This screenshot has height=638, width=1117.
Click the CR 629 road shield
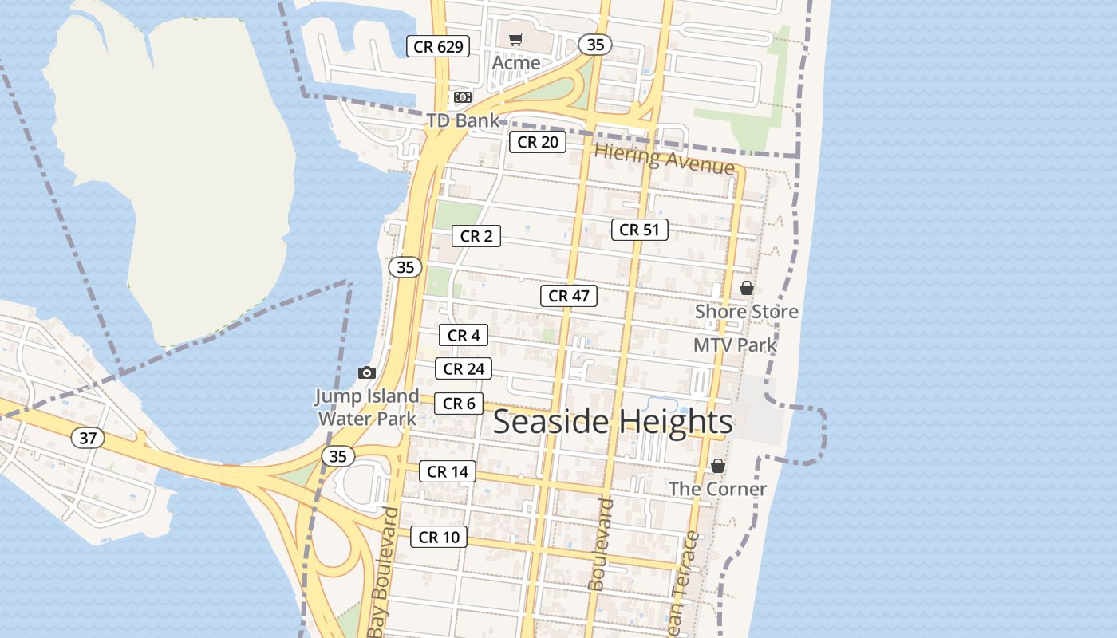click(x=438, y=46)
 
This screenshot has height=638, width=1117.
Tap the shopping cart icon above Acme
click(x=516, y=39)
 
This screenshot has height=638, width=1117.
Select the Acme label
click(x=516, y=62)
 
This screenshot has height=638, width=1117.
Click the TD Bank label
click(x=463, y=120)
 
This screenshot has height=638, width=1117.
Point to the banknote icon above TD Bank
click(x=462, y=97)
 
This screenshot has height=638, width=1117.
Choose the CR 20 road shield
click(x=538, y=142)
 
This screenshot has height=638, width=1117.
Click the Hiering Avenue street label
click(x=664, y=158)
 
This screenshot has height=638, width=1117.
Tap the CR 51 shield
click(x=640, y=230)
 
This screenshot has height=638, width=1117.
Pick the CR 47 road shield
click(x=569, y=296)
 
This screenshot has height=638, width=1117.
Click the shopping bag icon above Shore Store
click(x=747, y=288)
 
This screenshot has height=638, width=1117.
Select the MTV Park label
click(x=735, y=345)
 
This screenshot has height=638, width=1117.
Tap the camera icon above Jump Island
click(x=367, y=372)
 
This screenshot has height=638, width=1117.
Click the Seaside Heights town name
click(x=613, y=422)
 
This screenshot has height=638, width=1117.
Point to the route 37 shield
click(x=88, y=437)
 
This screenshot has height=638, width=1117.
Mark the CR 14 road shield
click(x=448, y=471)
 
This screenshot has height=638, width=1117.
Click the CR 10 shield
click(x=439, y=537)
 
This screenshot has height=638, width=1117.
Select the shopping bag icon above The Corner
click(x=718, y=466)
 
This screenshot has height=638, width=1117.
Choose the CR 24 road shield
click(x=464, y=368)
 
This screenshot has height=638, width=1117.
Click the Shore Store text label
click(x=747, y=311)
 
